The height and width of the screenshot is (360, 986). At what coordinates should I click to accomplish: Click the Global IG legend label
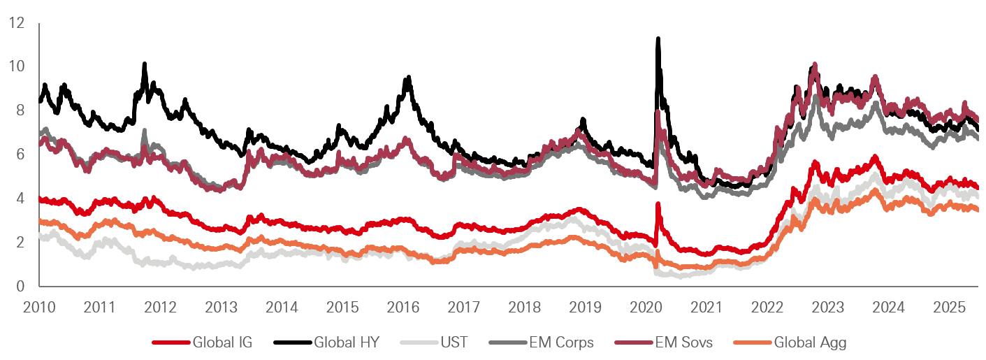(222, 343)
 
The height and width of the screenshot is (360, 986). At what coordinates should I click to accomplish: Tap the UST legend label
(455, 343)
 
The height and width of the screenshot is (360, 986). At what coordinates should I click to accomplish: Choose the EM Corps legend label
(562, 343)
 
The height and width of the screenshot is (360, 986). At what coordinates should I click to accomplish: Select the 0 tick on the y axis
(20, 286)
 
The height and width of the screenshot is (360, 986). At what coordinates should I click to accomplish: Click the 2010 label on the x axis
(39, 307)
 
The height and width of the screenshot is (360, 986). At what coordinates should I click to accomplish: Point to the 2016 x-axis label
(403, 307)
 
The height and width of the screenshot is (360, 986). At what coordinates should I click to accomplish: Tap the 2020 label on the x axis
(646, 307)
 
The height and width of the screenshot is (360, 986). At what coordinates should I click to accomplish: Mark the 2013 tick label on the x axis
(221, 307)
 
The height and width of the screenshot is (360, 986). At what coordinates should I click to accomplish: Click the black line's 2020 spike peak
(658, 40)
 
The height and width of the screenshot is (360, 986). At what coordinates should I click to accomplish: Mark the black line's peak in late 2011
(145, 65)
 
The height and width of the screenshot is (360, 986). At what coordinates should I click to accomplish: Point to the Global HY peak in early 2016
(408, 78)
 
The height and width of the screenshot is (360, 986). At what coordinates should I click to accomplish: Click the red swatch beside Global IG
(171, 343)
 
